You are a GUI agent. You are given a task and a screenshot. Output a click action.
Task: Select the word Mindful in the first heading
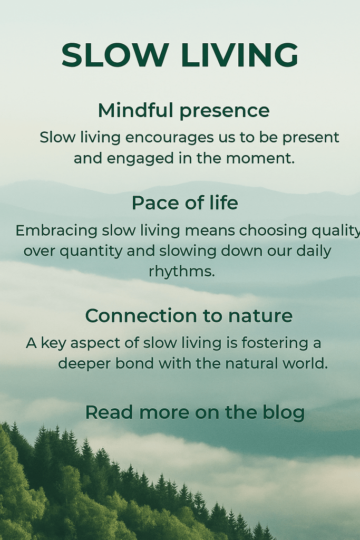point(135,110)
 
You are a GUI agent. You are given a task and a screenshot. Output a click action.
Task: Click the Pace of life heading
point(185,202)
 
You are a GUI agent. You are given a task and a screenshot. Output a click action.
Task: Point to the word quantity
point(91,252)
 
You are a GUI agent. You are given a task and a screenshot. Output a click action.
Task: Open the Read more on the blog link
point(195,413)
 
